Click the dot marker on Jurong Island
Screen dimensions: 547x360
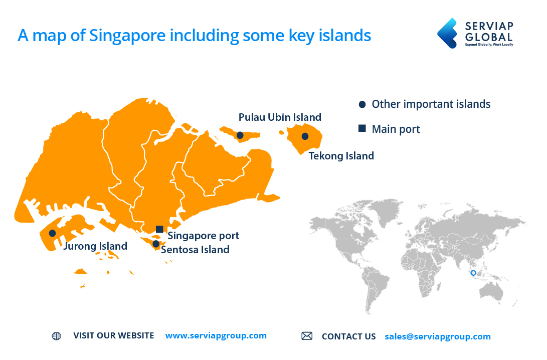pos(52,233)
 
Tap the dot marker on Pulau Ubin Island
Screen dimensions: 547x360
pos(240,135)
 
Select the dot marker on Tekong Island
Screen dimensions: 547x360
pos(305,136)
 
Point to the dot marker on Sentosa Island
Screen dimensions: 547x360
pos(156,244)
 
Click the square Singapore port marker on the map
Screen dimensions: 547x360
pos(159,229)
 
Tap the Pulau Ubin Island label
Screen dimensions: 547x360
pos(280,117)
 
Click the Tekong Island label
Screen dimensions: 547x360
pos(341,156)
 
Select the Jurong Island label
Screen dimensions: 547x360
pos(95,246)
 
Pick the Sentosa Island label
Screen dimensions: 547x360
pos(195,250)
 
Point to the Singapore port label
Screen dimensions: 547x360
pos(204,236)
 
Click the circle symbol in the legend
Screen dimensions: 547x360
pos(362,104)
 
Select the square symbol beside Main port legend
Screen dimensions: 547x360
pos(362,128)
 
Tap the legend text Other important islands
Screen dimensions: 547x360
pos(431,104)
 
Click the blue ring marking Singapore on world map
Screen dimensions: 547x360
pos(473,273)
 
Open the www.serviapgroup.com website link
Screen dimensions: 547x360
pos(216,335)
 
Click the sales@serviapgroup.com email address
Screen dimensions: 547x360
pos(438,336)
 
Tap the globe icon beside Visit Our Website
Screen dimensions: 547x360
pos(57,336)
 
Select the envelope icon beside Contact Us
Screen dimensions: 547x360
pos(307,336)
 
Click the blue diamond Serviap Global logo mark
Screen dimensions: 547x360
pos(447,33)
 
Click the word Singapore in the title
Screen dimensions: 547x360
pos(127,36)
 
